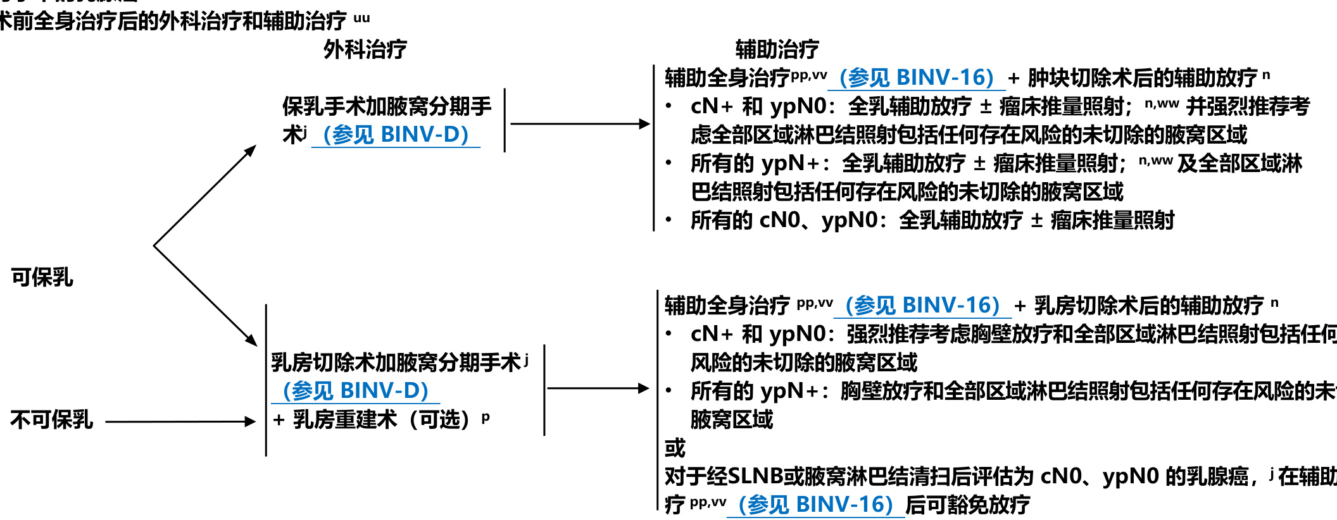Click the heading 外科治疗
click(x=365, y=49)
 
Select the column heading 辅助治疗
click(x=777, y=49)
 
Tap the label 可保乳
click(x=42, y=277)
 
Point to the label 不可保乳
click(x=52, y=419)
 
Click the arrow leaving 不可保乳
click(x=180, y=421)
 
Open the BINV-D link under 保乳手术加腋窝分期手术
click(x=396, y=135)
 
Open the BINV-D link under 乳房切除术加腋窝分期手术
click(x=356, y=391)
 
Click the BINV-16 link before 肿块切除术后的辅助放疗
click(x=916, y=78)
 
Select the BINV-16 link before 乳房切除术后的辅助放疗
click(x=922, y=306)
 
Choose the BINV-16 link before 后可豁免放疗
click(x=815, y=505)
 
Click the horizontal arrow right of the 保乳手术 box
click(x=579, y=124)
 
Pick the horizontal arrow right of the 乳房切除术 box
click(x=598, y=388)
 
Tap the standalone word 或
click(x=675, y=448)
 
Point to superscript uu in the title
click(x=361, y=18)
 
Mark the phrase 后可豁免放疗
click(x=967, y=505)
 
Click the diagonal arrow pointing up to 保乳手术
click(x=204, y=195)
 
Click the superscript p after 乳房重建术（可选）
click(x=486, y=417)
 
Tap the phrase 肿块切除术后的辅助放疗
click(x=1142, y=78)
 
